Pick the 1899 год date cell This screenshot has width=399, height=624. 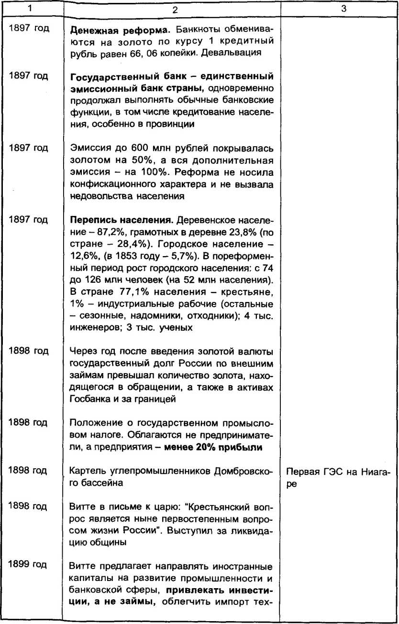click(x=29, y=565)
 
